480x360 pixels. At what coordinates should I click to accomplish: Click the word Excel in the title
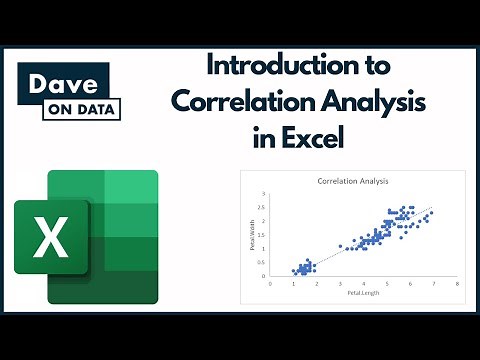coord(315,137)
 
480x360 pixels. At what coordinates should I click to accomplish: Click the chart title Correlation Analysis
coord(353,182)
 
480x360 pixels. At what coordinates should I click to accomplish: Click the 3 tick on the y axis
coord(263,194)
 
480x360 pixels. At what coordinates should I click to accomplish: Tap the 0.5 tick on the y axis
coord(262,262)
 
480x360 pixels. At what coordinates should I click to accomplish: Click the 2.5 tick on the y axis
coord(262,208)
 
